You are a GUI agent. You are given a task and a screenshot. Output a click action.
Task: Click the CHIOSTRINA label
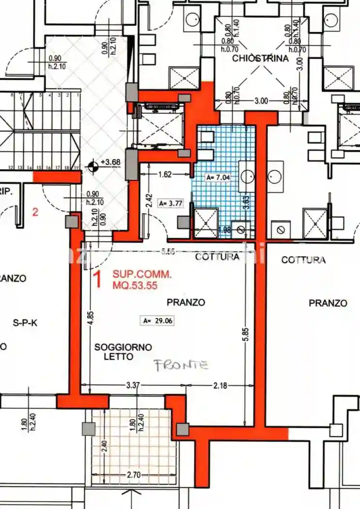point(260,59)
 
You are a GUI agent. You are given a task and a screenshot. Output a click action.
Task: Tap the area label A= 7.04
point(218,177)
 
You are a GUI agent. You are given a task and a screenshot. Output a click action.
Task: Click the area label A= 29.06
point(157,320)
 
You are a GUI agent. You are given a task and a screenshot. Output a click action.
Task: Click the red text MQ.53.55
point(135,286)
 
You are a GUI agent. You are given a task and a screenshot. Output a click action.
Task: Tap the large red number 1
point(97,280)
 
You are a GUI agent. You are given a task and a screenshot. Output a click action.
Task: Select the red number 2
point(35,211)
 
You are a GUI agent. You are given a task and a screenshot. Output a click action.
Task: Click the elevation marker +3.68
point(111,163)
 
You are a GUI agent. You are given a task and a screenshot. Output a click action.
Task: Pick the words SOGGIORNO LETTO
point(123,352)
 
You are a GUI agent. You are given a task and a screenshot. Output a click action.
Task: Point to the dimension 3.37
point(133,385)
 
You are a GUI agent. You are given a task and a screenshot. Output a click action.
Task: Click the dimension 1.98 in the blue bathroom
point(225,230)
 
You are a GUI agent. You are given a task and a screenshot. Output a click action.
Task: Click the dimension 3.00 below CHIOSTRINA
point(261,101)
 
